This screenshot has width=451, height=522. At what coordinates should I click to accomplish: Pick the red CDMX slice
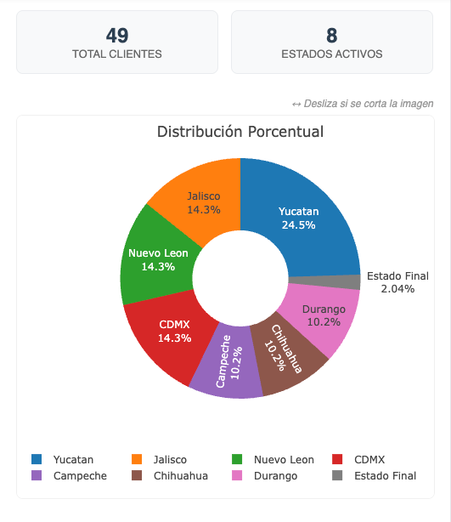point(174,331)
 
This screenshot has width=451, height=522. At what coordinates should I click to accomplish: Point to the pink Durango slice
point(324,315)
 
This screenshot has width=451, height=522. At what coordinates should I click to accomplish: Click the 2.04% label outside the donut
point(397,289)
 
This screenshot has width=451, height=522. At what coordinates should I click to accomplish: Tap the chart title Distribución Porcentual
point(240,132)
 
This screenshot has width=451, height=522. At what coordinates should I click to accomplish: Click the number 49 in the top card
point(117,35)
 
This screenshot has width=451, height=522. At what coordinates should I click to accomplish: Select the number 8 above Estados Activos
point(331,35)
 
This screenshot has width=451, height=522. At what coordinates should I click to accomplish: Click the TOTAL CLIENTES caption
point(117,54)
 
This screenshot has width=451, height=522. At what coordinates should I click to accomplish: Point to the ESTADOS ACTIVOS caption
point(331,54)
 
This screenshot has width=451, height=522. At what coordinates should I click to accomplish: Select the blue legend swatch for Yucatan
point(36,459)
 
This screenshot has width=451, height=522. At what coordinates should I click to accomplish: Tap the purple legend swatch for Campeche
point(36,475)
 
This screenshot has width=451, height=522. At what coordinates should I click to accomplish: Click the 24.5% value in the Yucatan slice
point(298,225)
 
